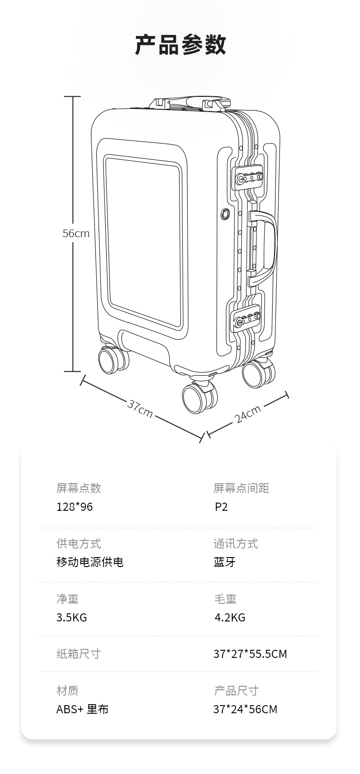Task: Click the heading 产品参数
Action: pos(180,45)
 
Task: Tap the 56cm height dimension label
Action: pos(76,234)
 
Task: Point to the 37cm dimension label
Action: pos(140,408)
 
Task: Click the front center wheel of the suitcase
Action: pos(197,398)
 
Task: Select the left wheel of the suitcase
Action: pos(111,360)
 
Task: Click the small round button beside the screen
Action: pos(225,214)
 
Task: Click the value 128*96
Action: pos(74,507)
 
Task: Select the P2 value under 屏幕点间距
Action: pos(221,507)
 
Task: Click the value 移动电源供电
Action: pos(90,562)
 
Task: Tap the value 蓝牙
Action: pos(225,562)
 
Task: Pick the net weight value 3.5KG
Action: pos(72,617)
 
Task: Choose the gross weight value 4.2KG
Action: pos(230,617)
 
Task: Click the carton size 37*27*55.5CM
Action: pos(250,654)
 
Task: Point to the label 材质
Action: pos(67,690)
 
